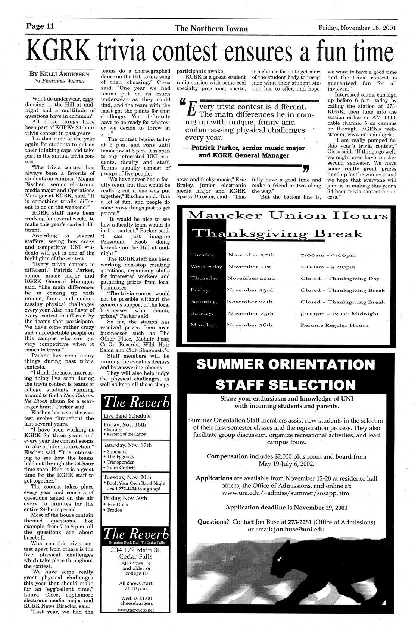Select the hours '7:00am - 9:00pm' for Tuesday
click(328, 255)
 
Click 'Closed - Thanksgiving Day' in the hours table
click(340, 278)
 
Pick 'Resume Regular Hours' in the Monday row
click(334, 325)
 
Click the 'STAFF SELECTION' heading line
click(286, 385)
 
